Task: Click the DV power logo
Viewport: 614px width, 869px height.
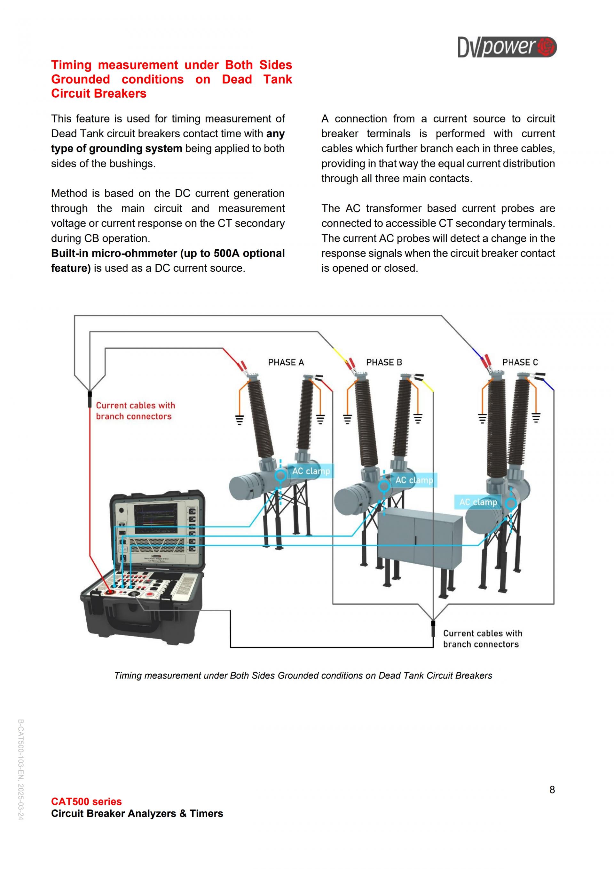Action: [x=507, y=47]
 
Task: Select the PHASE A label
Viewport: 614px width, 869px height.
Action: [x=286, y=362]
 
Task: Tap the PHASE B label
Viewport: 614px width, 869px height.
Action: [x=384, y=362]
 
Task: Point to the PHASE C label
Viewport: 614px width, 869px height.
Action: [x=520, y=362]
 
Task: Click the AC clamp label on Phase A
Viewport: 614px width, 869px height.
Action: [x=311, y=471]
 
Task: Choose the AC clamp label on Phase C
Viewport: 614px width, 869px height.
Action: [x=478, y=502]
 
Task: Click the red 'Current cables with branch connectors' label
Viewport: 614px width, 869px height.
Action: [x=135, y=411]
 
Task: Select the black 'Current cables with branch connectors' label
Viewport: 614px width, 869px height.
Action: [x=483, y=639]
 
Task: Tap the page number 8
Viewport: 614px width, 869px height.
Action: [x=552, y=790]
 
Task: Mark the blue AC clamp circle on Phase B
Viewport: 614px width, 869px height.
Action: [x=384, y=486]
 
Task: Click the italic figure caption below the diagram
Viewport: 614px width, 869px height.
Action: [x=303, y=676]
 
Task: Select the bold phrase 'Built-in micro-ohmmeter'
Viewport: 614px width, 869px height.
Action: [x=114, y=253]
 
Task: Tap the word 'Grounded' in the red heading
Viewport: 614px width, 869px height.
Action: [x=81, y=79]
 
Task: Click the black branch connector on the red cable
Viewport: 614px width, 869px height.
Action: [x=90, y=399]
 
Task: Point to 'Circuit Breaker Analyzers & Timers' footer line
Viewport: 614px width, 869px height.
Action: [x=137, y=813]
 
